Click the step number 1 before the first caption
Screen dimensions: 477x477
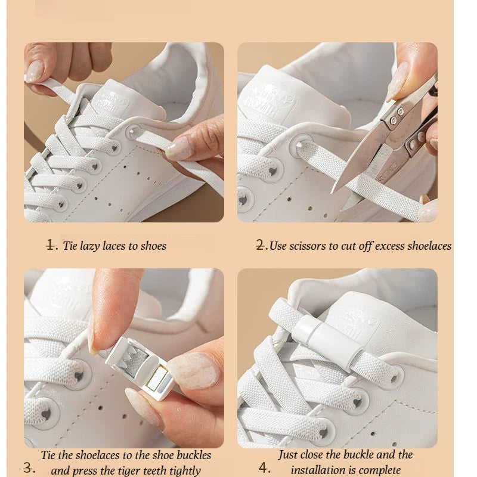[52, 245]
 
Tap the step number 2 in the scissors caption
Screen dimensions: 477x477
[261, 245]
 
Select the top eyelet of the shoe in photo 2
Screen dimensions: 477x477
[302, 142]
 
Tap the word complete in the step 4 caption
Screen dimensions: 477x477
[379, 470]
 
